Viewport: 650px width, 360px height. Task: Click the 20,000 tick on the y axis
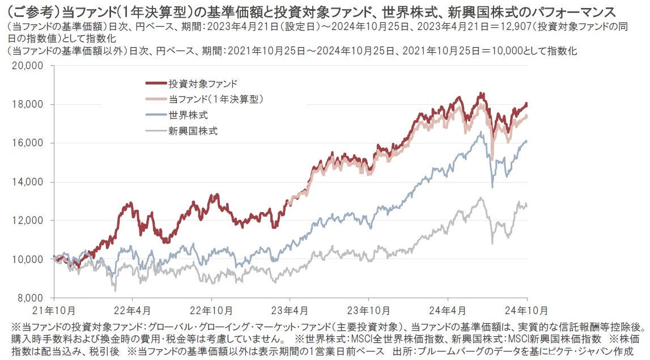pos(28,66)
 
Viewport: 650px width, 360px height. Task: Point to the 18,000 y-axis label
pos(28,104)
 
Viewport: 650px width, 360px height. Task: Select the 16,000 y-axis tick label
pos(28,143)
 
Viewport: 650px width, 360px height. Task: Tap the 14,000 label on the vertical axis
pos(28,182)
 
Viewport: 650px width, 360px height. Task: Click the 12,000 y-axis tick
pos(28,221)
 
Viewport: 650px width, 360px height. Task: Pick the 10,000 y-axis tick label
pos(28,259)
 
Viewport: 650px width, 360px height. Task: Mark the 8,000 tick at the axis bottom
pos(31,298)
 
